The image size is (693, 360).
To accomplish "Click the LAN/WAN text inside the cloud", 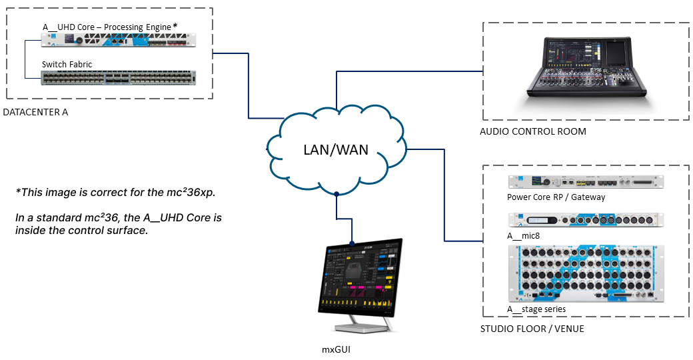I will pos(336,149).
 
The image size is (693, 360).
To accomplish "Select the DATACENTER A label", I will pos(35,112).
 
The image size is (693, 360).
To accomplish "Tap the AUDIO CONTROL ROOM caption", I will pos(533,131).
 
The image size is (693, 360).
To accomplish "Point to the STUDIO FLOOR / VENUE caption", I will pos(532,329).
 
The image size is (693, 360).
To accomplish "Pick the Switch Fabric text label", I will pos(67,64).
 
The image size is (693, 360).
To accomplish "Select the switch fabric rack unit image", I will pos(119,78).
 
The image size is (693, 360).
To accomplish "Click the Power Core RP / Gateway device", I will pos(586,182).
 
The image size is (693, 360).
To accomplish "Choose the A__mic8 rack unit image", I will pos(586,220).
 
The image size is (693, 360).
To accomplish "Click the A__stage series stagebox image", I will pos(586,272).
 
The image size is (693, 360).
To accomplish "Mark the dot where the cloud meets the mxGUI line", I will pos(338,195).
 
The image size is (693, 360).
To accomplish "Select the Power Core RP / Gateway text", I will pos(556,197).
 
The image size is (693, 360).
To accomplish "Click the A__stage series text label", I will pos(536,309).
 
